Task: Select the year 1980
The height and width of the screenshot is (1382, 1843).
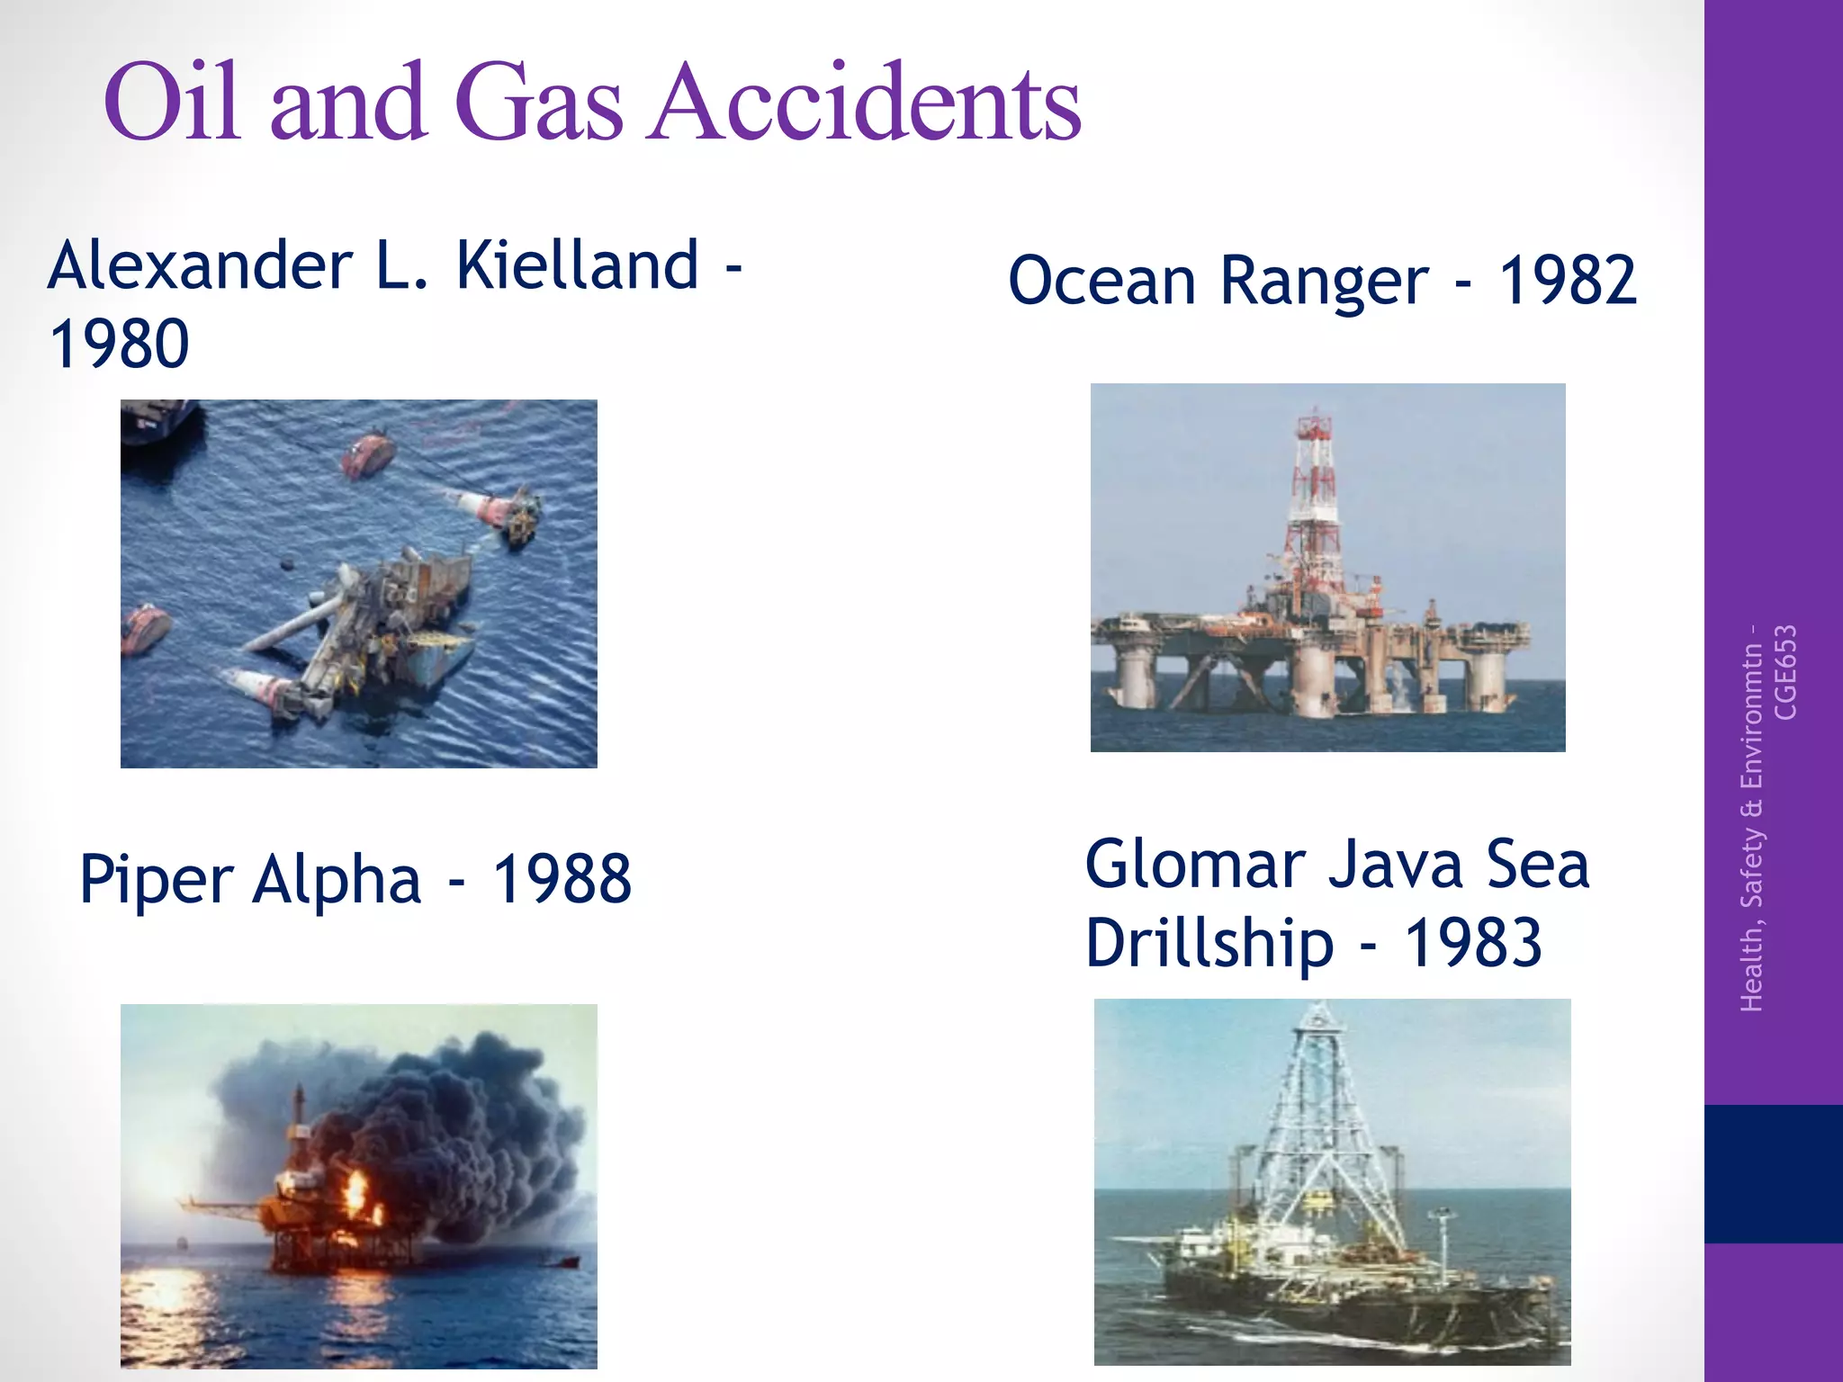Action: coord(119,344)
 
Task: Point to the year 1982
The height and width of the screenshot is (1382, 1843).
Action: coord(1567,280)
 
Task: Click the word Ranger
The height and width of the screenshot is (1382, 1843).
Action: coord(1324,282)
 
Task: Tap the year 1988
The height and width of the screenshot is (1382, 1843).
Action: coord(562,879)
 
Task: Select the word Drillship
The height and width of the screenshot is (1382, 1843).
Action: coord(1209,944)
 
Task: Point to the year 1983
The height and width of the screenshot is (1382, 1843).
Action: coord(1473,944)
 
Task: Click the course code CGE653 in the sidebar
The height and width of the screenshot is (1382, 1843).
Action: coord(1785,672)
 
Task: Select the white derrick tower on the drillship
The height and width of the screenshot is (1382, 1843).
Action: coord(1318,1116)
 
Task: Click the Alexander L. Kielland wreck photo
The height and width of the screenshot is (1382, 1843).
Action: coord(358,583)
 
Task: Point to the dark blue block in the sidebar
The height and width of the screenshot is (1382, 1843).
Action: coord(1773,1173)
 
